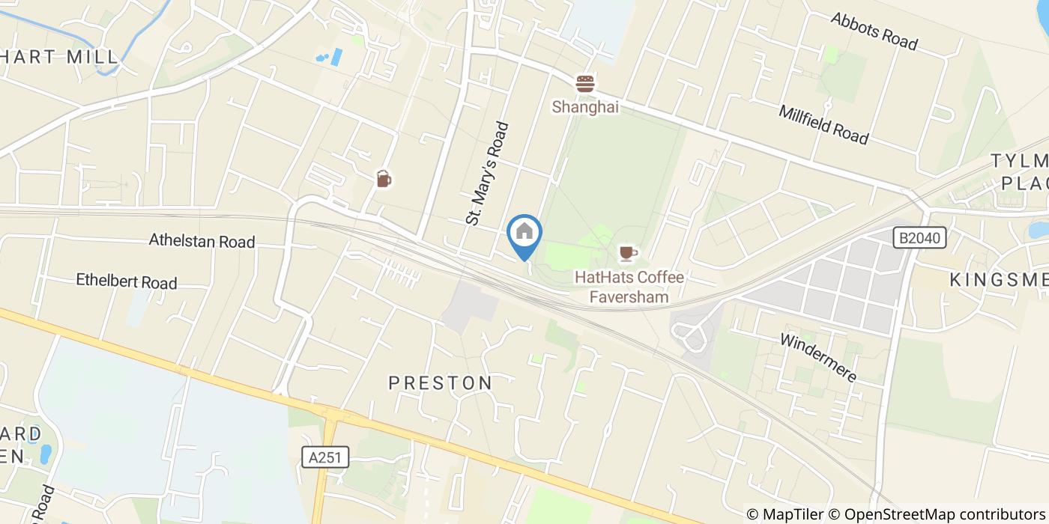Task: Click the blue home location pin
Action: (x=524, y=233)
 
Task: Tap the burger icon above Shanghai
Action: (x=585, y=83)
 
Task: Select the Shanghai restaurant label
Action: (x=585, y=107)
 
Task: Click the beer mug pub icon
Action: (x=384, y=179)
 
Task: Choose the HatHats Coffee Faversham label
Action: (x=629, y=287)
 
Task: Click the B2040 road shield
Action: (x=920, y=239)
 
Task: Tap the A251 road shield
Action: (x=326, y=457)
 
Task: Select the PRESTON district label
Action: (x=441, y=383)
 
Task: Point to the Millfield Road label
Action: (x=823, y=125)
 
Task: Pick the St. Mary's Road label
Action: (x=487, y=174)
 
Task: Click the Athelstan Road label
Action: (x=202, y=241)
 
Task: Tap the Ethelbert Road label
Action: (x=127, y=281)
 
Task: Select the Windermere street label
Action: (x=818, y=357)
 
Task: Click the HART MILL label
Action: (x=60, y=57)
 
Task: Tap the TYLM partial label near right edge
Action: (x=1019, y=161)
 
